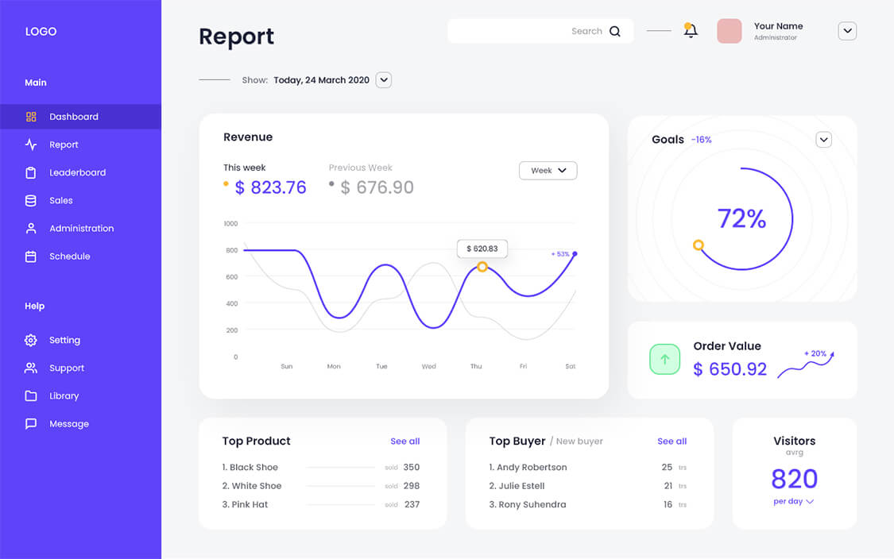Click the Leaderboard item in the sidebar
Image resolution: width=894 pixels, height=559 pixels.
[x=77, y=172]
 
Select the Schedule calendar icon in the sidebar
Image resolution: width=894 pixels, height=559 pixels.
[x=31, y=256]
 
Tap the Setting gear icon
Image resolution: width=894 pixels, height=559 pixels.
[x=31, y=340]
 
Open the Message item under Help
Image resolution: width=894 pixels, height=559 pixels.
[x=68, y=424]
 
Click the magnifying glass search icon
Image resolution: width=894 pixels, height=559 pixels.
[x=615, y=32]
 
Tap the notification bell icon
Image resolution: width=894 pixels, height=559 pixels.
[x=691, y=31]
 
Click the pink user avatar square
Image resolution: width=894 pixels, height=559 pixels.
[x=729, y=31]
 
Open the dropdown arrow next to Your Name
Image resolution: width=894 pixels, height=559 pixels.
[x=847, y=31]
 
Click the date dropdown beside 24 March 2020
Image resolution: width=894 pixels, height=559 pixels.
[x=384, y=79]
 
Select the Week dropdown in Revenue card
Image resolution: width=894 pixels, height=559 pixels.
[x=548, y=171]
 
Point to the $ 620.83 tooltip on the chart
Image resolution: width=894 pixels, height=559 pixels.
[x=482, y=249]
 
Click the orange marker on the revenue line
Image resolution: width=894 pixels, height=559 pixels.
[x=482, y=267]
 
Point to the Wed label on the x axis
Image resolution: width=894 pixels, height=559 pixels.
[x=428, y=366]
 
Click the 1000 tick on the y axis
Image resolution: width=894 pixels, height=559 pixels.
[x=230, y=224]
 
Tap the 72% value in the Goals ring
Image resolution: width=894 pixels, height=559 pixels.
[x=741, y=218]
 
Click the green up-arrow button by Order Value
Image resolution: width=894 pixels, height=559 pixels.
[x=665, y=359]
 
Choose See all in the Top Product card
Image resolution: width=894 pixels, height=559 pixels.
[x=404, y=441]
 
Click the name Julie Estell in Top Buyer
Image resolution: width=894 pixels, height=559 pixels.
[x=521, y=486]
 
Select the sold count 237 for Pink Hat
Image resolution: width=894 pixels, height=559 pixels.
[x=412, y=504]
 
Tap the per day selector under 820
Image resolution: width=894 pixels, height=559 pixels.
[x=793, y=502]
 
